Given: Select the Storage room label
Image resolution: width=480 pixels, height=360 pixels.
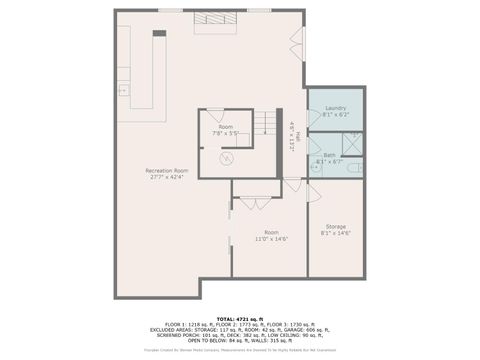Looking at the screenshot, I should pyautogui.click(x=335, y=227).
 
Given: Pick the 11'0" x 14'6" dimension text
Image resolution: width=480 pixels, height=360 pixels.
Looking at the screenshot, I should pyautogui.click(x=271, y=238).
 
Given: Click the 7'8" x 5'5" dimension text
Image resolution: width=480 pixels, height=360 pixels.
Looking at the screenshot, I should pyautogui.click(x=226, y=134).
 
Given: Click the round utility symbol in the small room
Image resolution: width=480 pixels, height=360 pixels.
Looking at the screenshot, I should pyautogui.click(x=227, y=158).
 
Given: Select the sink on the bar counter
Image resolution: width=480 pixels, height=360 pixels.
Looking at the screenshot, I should pyautogui.click(x=125, y=89).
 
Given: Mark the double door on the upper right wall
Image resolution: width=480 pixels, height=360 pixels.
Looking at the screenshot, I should pyautogui.click(x=297, y=42).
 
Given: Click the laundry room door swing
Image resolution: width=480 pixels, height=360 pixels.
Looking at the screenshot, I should pyautogui.click(x=315, y=114).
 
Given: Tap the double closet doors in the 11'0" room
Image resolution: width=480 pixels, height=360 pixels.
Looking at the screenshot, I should pyautogui.click(x=255, y=203).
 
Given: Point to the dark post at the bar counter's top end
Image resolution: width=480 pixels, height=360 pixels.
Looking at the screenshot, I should pyautogui.click(x=158, y=33).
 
